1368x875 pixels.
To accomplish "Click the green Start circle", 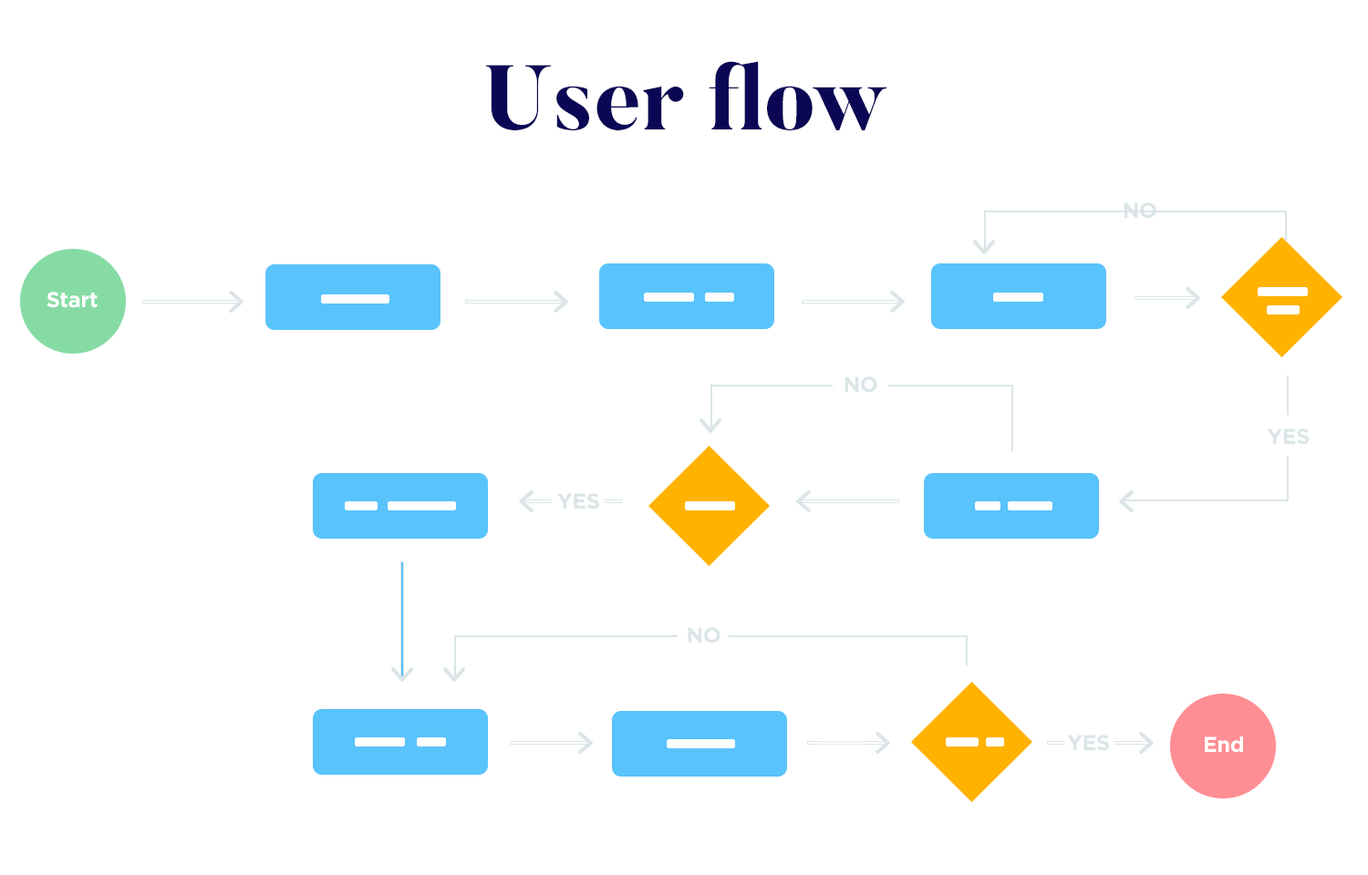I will click(73, 301).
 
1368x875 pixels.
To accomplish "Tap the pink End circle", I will click(1222, 746).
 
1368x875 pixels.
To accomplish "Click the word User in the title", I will click(584, 98).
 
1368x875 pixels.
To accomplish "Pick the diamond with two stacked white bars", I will click(1281, 297).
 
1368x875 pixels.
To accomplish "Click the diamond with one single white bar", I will click(709, 506).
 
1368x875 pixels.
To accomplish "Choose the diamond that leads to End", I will click(972, 742).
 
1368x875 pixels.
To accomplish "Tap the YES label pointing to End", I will click(1089, 743).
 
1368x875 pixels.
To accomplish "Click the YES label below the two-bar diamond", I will click(1288, 437).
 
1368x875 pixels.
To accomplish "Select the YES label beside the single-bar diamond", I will click(578, 501).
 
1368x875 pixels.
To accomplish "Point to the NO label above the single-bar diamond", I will click(860, 385).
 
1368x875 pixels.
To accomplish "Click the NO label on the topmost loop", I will click(1139, 211).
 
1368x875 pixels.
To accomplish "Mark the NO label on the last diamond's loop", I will click(703, 635).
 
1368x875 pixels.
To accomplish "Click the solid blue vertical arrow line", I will click(402, 620).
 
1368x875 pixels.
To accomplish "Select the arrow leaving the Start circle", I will click(192, 301).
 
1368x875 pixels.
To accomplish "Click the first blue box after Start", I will click(353, 297).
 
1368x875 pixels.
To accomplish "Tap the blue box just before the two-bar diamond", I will click(1018, 296).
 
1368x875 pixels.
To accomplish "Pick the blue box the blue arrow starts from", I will click(400, 506).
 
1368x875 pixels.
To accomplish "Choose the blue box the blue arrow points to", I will click(400, 742).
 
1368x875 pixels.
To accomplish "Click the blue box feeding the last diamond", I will click(700, 744).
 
